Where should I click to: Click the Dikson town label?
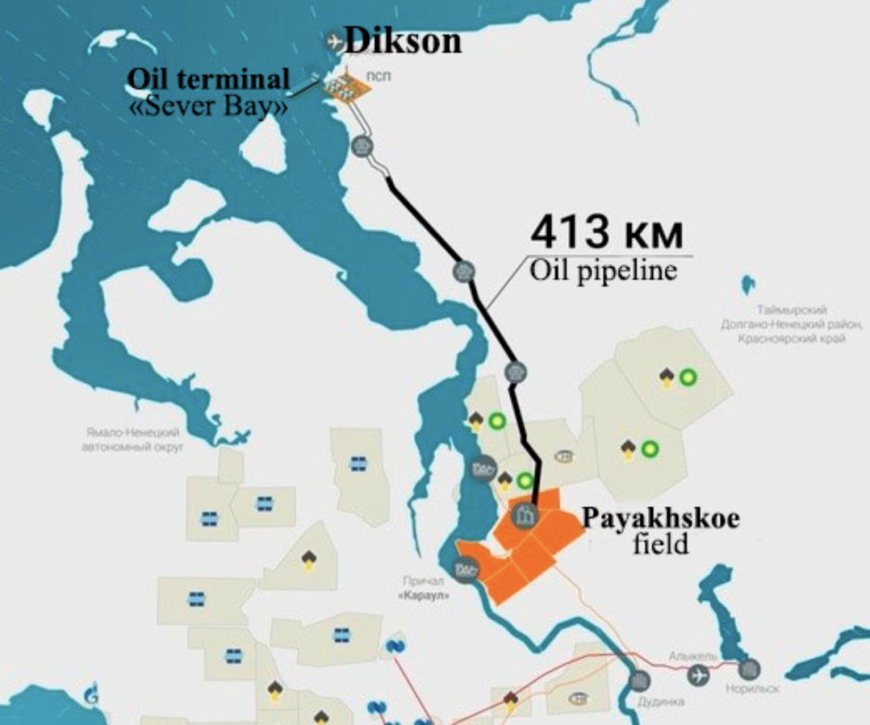coord(403,42)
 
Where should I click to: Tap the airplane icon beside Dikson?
coord(333,41)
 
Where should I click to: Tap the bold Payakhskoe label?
coord(660,517)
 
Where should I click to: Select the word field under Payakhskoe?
coord(661,543)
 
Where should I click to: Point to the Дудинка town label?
coord(661,702)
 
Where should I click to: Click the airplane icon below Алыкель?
coord(698,675)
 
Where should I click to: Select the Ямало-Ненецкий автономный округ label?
coord(130,439)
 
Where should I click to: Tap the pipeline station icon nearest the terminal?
coord(363,146)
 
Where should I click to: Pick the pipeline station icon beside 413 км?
coord(464,271)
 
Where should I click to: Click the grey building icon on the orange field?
coord(526,513)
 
